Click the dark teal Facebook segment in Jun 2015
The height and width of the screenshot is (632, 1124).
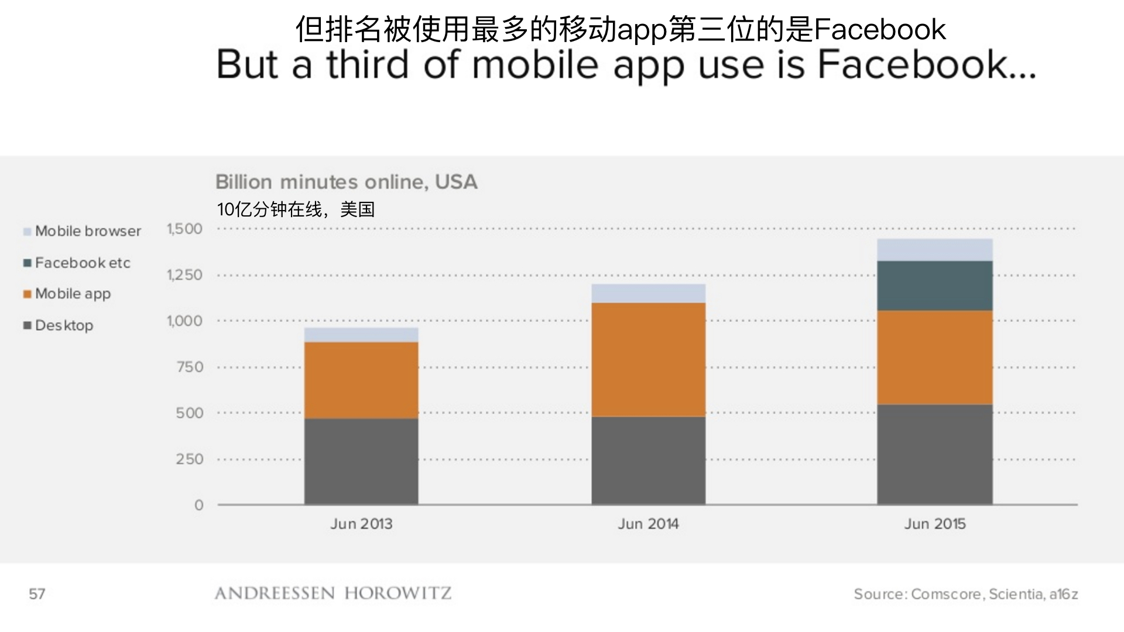tap(934, 286)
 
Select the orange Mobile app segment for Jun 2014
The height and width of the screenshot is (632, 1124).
tap(648, 359)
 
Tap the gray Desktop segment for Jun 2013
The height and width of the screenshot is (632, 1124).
tap(361, 461)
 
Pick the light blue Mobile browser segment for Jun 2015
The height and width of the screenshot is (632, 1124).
tap(934, 250)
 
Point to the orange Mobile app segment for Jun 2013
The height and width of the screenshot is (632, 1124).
tap(361, 380)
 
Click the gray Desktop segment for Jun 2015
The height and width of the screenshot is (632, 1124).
tap(934, 454)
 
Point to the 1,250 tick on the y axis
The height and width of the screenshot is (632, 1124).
tap(184, 275)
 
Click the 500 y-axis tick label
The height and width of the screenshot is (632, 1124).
tap(189, 413)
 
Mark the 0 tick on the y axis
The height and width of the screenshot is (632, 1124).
tap(199, 505)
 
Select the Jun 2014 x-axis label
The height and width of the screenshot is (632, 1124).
tap(648, 524)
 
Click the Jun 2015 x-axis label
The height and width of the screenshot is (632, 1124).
tap(934, 524)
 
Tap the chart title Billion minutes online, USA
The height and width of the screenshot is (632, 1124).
tap(346, 182)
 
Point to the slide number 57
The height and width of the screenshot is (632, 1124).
tap(37, 595)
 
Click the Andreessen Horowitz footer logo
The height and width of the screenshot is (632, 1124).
tap(333, 593)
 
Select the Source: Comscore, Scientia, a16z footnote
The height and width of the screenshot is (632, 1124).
tap(965, 595)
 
